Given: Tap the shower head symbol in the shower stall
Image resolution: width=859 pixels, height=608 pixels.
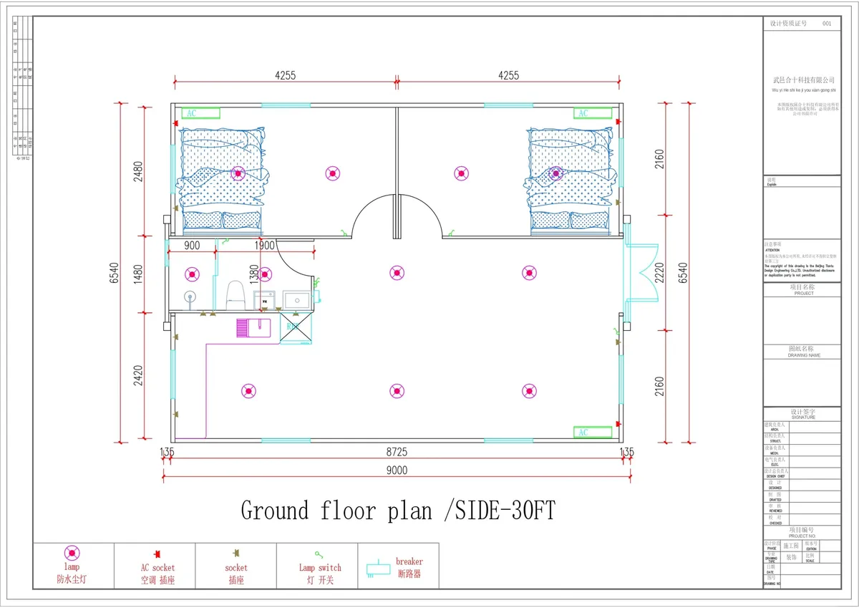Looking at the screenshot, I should pos(190,296).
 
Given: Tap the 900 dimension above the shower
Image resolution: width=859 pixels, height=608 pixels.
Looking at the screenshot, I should pos(192,246).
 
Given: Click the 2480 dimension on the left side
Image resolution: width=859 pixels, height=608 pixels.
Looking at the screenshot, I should pos(138,172).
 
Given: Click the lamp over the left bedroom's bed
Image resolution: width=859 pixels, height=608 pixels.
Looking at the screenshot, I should pos(238,173).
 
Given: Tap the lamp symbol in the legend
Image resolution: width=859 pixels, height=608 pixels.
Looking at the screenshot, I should pos(73,553).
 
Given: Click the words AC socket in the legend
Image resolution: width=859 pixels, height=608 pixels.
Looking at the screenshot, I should pos(157,568).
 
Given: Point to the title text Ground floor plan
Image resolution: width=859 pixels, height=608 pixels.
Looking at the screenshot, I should pos(336,511).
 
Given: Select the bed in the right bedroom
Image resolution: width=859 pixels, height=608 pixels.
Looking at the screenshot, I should pos(571,180).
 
